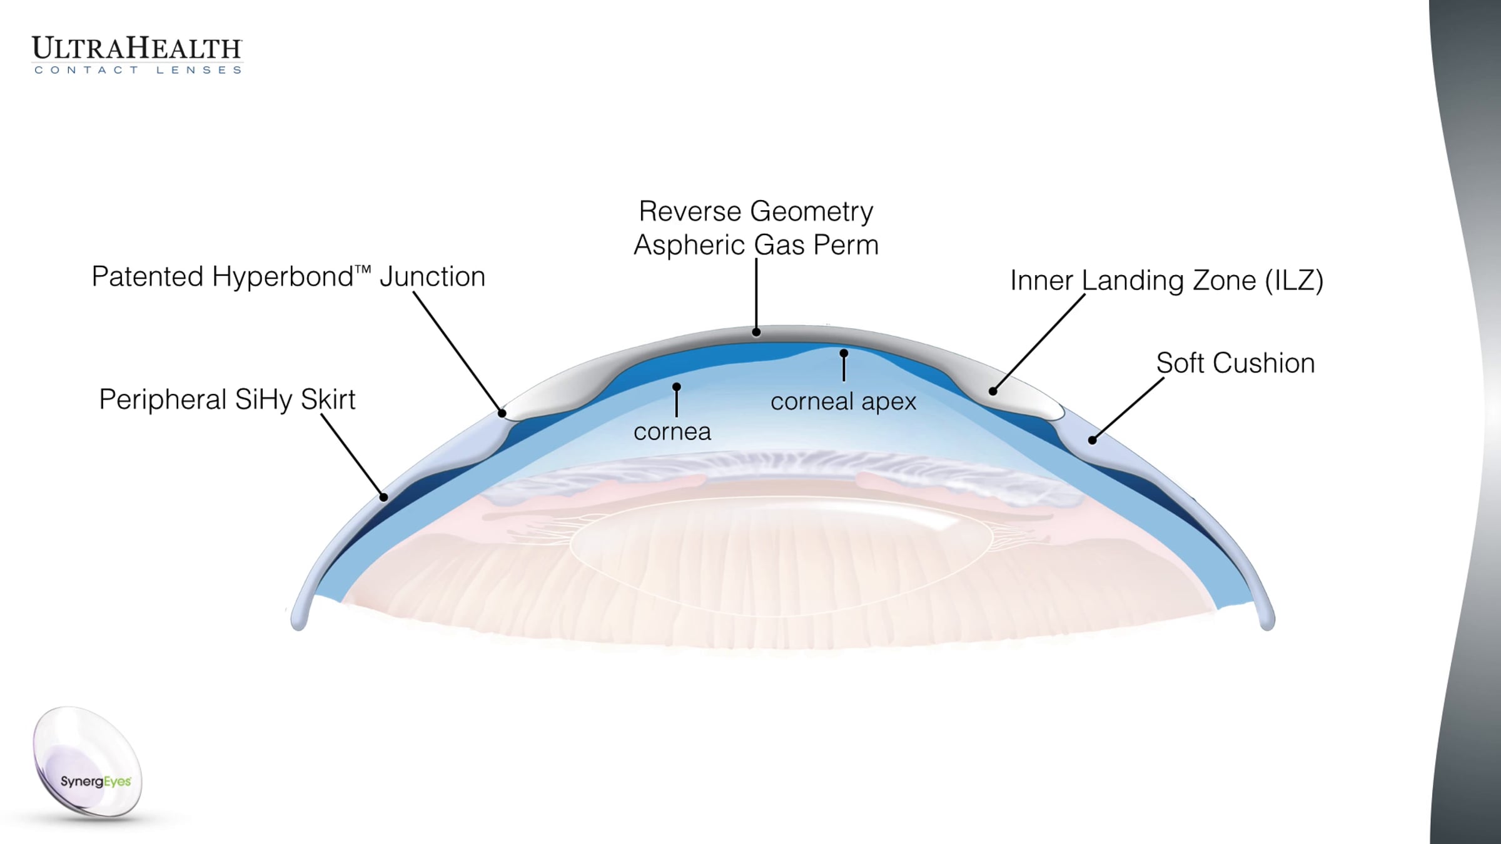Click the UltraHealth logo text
pos(137,49)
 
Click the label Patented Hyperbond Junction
pos(288,277)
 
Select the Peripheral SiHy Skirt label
pos(227,399)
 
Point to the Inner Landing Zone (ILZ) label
pos(1167,281)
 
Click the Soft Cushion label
pos(1235,363)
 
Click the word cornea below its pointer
pos(672,432)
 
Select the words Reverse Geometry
pos(756,212)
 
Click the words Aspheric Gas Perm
pos(756,245)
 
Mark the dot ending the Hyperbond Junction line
pos(502,413)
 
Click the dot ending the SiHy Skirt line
pos(384,498)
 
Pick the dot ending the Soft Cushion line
pos(1092,440)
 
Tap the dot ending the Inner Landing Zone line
pos(993,391)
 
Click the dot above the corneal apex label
pos(844,353)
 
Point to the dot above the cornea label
pos(676,387)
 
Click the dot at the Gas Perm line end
pos(756,332)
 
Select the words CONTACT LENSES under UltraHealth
pos(138,70)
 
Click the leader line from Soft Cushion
pos(1128,409)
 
